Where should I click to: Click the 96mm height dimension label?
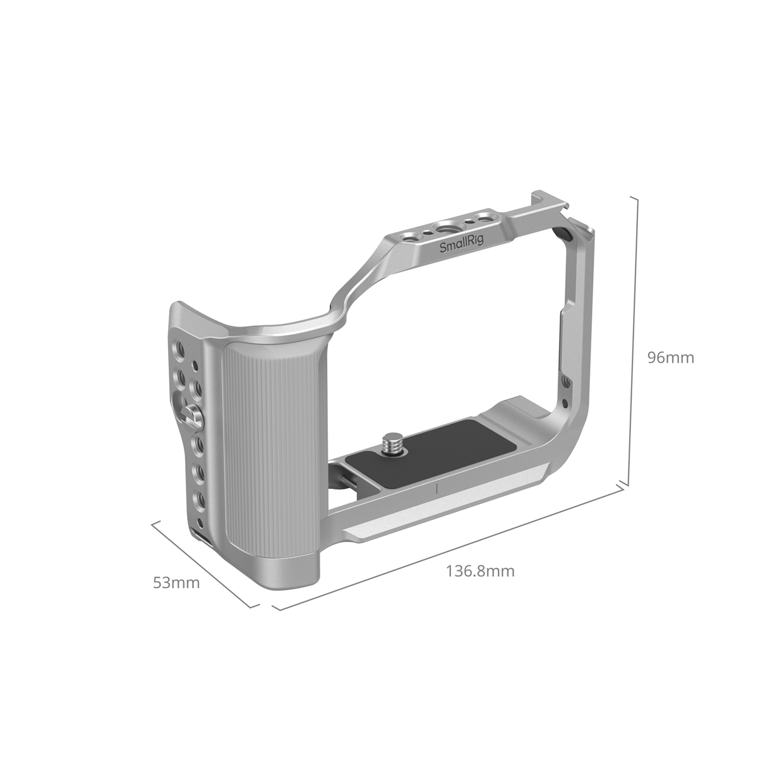(x=670, y=358)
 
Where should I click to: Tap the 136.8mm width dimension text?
(x=480, y=572)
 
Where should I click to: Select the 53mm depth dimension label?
(x=176, y=582)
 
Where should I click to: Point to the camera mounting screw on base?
(x=391, y=440)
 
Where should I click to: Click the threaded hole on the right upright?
(x=565, y=382)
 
